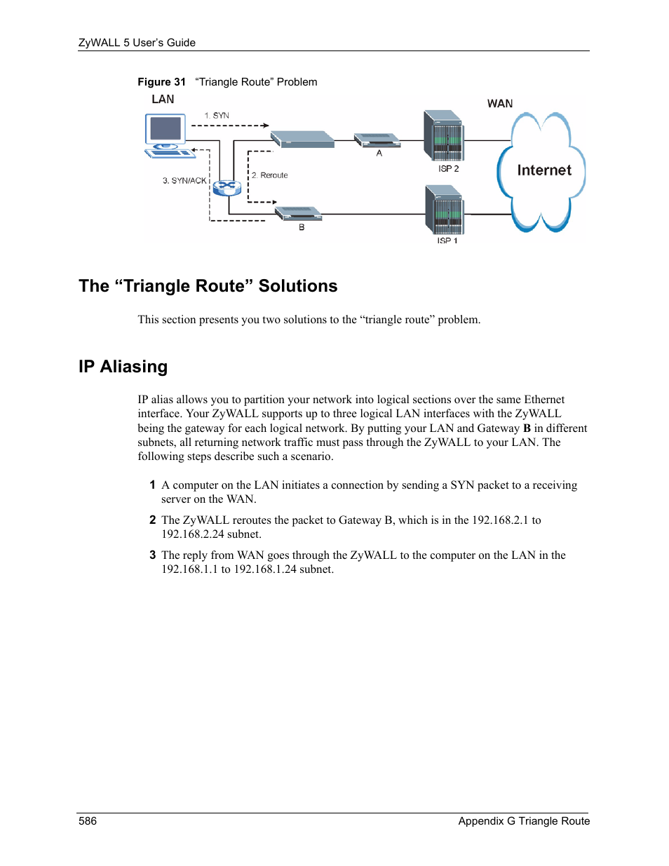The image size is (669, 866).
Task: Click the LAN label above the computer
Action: click(163, 100)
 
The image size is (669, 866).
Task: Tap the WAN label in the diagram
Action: click(500, 104)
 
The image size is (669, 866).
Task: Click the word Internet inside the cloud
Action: click(544, 170)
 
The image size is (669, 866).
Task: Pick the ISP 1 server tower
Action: click(445, 210)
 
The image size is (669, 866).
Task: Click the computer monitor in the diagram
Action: click(165, 130)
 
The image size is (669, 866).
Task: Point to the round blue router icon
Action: click(227, 187)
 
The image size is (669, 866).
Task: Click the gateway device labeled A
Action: click(377, 140)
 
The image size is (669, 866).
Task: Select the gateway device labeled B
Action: click(298, 212)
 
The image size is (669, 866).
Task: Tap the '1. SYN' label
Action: click(217, 116)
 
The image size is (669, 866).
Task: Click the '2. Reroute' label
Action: click(270, 175)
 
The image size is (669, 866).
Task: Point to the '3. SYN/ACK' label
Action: click(184, 181)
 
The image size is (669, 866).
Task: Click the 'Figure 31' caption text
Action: click(161, 82)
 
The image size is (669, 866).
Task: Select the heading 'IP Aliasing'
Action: click(123, 367)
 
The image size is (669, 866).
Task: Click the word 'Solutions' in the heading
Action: click(298, 286)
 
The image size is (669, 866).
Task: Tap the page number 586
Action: click(88, 821)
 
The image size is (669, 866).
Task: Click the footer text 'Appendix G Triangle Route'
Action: click(524, 821)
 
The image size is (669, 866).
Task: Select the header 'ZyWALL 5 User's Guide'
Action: click(137, 43)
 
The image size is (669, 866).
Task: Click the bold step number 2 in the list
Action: click(152, 520)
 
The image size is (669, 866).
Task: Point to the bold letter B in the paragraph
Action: click(527, 428)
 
